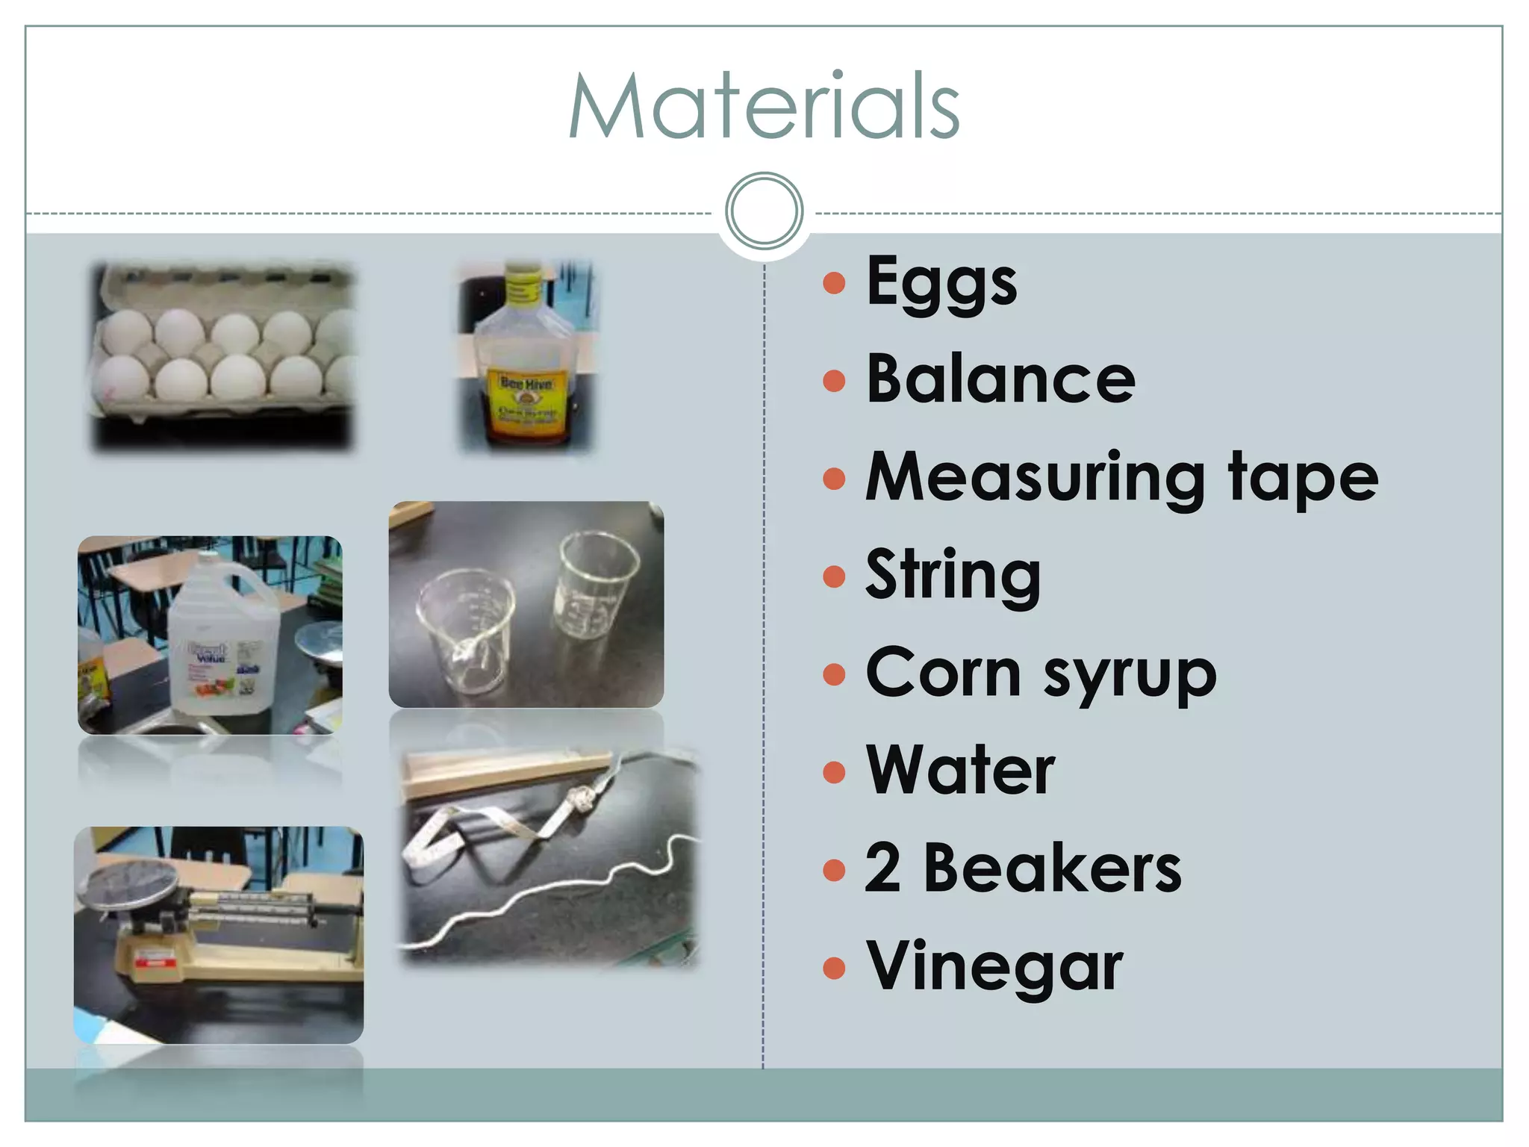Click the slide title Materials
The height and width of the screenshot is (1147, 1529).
pyautogui.click(x=764, y=106)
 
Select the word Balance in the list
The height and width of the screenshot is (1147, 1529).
pyautogui.click(x=1000, y=379)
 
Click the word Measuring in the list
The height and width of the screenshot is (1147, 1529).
pyautogui.click(x=1035, y=479)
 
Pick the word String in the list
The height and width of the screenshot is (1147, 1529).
pyautogui.click(x=953, y=576)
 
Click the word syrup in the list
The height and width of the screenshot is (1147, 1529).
pyautogui.click(x=1130, y=674)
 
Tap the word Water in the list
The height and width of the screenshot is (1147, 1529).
pyautogui.click(x=960, y=771)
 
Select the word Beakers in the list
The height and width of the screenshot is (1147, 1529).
pyautogui.click(x=1053, y=868)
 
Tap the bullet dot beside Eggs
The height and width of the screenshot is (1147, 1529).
pyautogui.click(x=833, y=283)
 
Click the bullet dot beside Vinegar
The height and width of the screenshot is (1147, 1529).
pyautogui.click(x=833, y=968)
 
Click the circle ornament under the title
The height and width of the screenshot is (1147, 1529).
pyautogui.click(x=764, y=211)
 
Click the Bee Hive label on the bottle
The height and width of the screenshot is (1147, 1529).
pyautogui.click(x=526, y=384)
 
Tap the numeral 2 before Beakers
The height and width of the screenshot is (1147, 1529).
pyautogui.click(x=883, y=868)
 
